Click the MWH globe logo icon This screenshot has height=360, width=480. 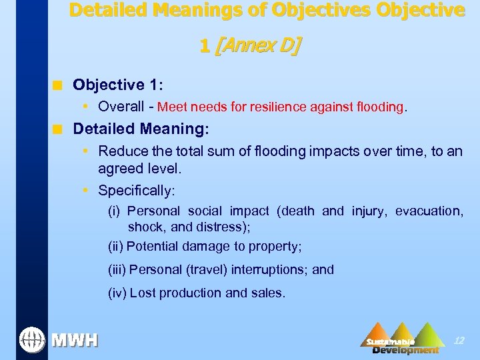tap(31, 340)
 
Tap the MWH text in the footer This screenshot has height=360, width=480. tap(75, 341)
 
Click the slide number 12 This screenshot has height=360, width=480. tap(459, 341)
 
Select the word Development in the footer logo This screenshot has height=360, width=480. tap(405, 350)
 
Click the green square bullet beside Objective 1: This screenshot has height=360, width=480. tap(59, 85)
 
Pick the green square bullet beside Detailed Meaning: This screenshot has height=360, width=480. tap(59, 129)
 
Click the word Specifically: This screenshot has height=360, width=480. tap(137, 191)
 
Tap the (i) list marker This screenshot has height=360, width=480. tap(115, 211)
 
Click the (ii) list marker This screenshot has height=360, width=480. tap(116, 247)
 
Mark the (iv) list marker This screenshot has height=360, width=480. tap(117, 293)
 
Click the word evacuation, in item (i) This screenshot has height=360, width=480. tap(429, 211)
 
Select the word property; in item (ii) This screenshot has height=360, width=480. tap(275, 247)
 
